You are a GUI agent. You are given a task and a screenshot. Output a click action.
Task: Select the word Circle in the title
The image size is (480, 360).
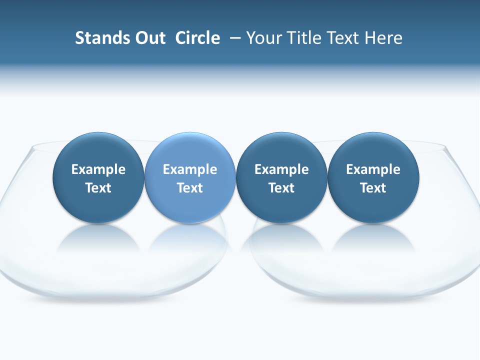[x=197, y=38]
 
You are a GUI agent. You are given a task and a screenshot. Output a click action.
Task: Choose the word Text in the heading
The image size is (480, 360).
[x=344, y=38]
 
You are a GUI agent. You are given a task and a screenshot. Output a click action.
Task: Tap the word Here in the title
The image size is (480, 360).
[x=383, y=38]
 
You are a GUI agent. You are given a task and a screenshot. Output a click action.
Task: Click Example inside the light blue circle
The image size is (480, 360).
[x=190, y=169]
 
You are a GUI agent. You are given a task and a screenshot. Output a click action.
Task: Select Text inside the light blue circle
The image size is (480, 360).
[x=190, y=188]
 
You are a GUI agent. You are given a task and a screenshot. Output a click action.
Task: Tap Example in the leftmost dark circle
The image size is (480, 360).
[x=98, y=169]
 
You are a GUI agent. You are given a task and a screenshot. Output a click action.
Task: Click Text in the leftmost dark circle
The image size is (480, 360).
[x=98, y=188]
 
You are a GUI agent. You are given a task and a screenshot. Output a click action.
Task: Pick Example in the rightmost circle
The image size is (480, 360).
[x=373, y=169]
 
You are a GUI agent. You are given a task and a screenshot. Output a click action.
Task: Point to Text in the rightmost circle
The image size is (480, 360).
[x=373, y=188]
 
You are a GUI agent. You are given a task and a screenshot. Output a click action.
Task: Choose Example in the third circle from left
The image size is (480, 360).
[x=281, y=169]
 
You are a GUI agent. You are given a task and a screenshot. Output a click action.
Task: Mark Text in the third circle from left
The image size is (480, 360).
[x=281, y=188]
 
